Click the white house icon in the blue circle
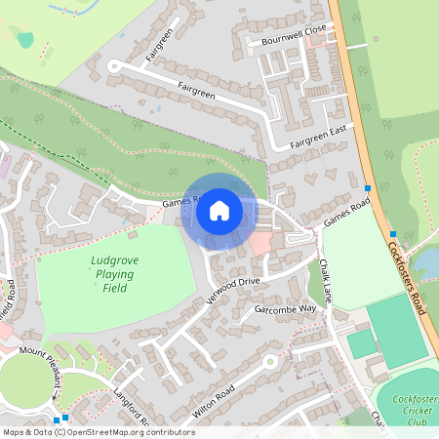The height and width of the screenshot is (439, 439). coord(219,211)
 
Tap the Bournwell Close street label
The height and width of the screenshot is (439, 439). coord(287,36)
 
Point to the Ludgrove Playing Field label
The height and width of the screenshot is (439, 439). coord(115,274)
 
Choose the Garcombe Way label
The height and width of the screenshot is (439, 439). coord(286,308)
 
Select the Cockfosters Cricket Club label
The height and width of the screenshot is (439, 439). coord(415,411)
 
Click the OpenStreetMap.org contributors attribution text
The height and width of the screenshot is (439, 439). coord(127,431)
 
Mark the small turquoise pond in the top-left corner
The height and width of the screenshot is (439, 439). coord(24,40)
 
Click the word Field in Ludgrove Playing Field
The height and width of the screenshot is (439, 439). coord(115,289)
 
